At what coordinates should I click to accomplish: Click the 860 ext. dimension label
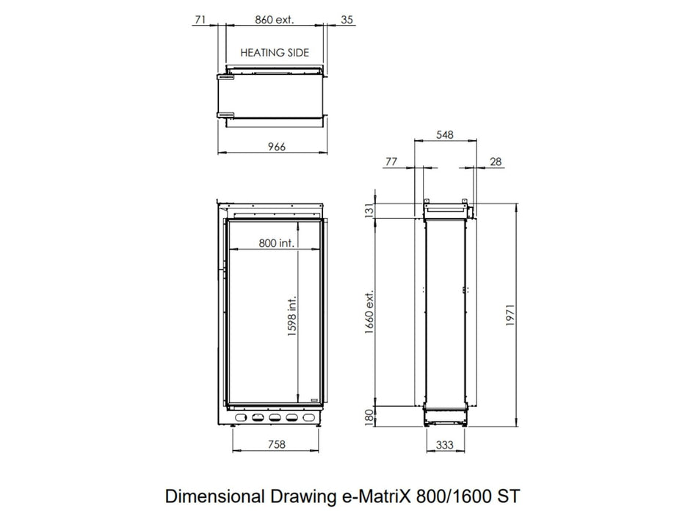pyautogui.click(x=275, y=20)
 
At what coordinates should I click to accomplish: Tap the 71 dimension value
pyautogui.click(x=200, y=20)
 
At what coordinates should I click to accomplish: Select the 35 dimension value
pyautogui.click(x=347, y=20)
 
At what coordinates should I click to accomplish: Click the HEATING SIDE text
pyautogui.click(x=275, y=53)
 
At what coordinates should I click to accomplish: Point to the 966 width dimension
pyautogui.click(x=277, y=146)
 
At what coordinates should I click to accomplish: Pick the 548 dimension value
pyautogui.click(x=445, y=134)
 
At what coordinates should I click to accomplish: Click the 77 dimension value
pyautogui.click(x=391, y=162)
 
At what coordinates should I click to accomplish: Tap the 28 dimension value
pyautogui.click(x=496, y=162)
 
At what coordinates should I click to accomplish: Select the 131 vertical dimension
pyautogui.click(x=369, y=210)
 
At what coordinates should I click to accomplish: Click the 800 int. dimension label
pyautogui.click(x=277, y=242)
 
